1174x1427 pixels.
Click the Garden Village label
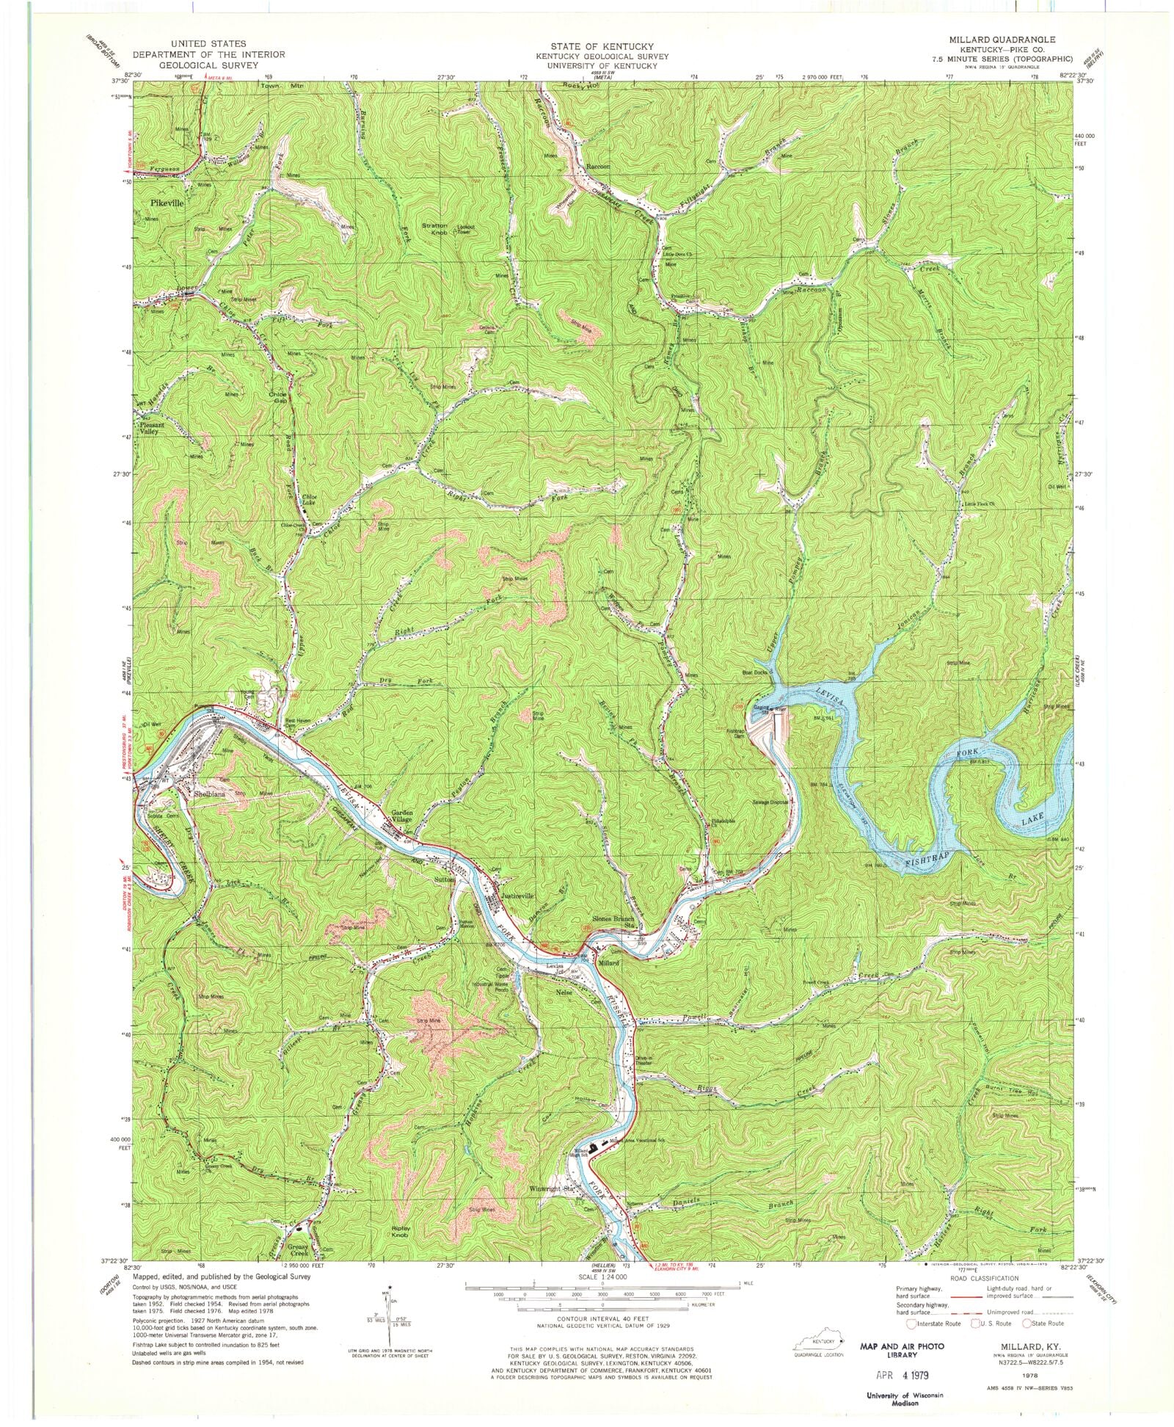(x=401, y=817)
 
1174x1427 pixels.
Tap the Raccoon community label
(x=599, y=167)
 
